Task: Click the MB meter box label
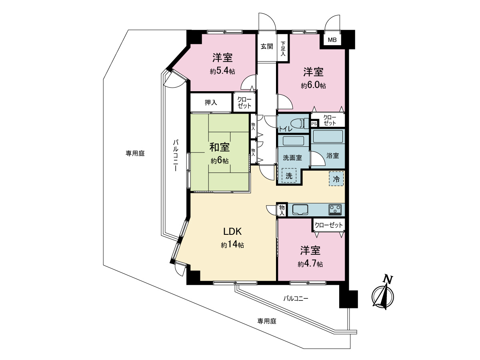332,40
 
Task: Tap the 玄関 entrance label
267,46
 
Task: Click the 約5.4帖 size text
222,71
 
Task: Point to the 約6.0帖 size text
313,85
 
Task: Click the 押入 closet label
211,102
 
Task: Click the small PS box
314,124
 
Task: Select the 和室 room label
220,147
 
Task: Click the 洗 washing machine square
289,176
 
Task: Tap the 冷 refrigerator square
336,179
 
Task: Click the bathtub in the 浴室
328,137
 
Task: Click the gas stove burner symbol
335,210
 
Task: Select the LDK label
232,231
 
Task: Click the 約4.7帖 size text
310,264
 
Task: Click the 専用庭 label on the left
135,154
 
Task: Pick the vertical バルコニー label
176,156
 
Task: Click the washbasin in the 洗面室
293,141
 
